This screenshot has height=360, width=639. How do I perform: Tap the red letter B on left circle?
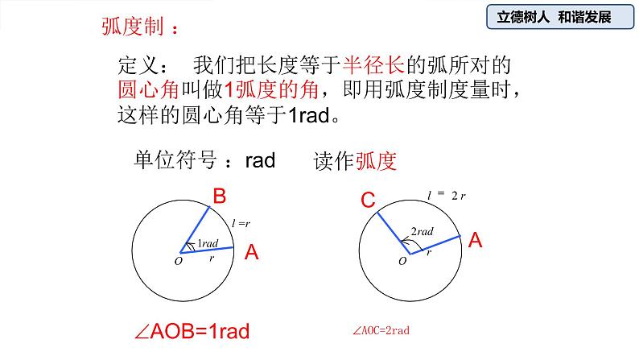[x=218, y=197]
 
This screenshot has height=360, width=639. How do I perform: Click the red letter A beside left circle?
[x=251, y=253]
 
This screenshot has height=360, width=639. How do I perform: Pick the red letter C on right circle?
[x=368, y=201]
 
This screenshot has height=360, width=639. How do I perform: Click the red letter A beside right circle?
[x=475, y=239]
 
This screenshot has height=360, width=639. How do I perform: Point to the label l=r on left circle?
[x=240, y=221]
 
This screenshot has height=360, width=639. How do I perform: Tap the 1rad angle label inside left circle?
[x=208, y=243]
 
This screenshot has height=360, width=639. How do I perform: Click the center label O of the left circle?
[x=178, y=260]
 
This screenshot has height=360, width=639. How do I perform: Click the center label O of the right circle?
[x=402, y=260]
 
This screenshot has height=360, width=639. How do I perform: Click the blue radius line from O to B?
[x=198, y=229]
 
